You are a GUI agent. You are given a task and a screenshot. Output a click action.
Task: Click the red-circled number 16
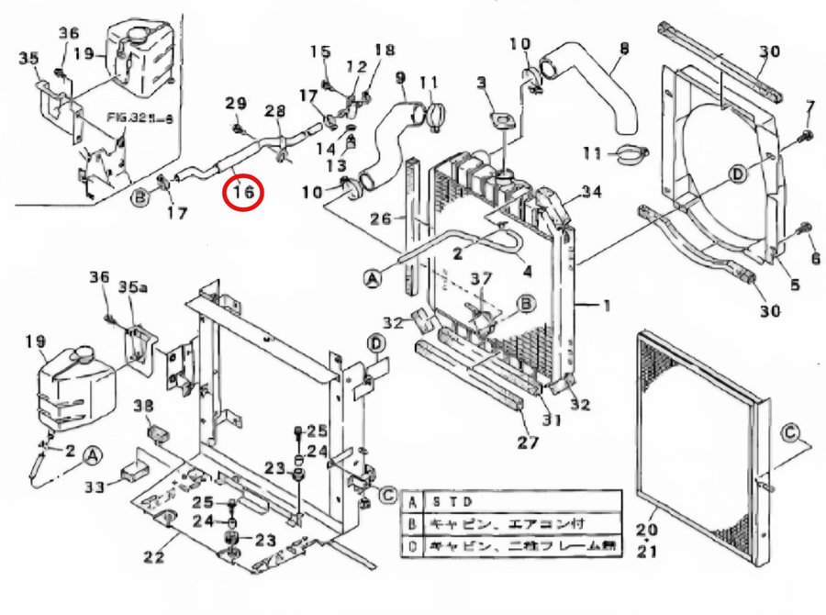pyautogui.click(x=243, y=193)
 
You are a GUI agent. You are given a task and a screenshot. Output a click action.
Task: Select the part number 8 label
pyautogui.click(x=624, y=48)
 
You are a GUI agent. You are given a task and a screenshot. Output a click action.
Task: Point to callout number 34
pyautogui.click(x=592, y=192)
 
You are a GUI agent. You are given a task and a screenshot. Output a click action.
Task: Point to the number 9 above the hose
pyautogui.click(x=399, y=78)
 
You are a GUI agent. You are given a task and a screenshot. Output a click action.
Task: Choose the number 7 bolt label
pyautogui.click(x=809, y=108)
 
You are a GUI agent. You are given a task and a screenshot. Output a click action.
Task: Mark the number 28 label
pyautogui.click(x=274, y=111)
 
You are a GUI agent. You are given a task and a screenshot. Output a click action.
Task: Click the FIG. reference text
pyautogui.click(x=132, y=117)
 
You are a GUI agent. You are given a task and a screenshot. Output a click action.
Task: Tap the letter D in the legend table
pyautogui.click(x=413, y=546)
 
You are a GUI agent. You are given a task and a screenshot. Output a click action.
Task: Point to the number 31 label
pyautogui.click(x=551, y=420)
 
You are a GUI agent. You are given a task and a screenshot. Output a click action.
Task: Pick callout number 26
pyautogui.click(x=380, y=218)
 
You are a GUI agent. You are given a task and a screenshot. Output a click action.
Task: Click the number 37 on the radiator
pyautogui.click(x=482, y=278)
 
